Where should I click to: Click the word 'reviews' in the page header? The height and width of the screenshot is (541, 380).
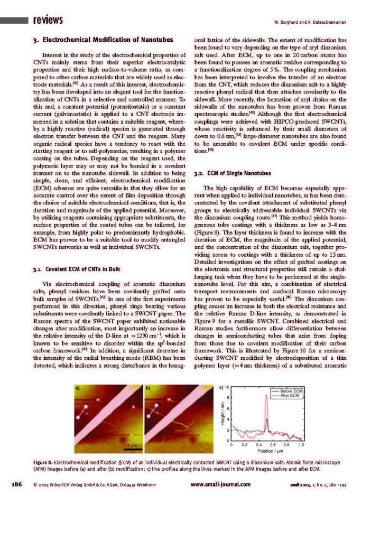point(47,21)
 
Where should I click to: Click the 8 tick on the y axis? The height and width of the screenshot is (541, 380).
point(228,398)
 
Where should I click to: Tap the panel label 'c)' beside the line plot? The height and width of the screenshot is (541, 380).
point(221,387)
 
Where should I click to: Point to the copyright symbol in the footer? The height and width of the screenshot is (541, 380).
point(34,484)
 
